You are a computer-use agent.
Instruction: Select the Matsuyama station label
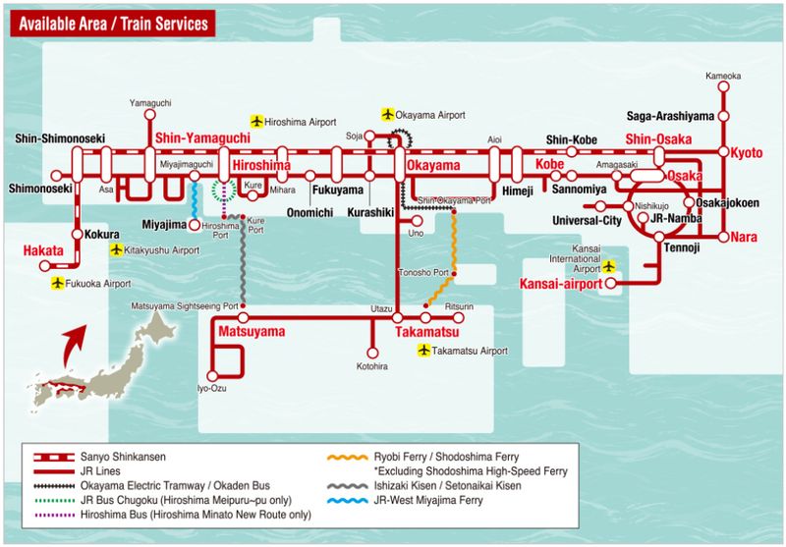pos(252,332)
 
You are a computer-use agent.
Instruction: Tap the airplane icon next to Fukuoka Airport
pos(58,283)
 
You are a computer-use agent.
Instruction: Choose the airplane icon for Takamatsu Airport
pos(424,351)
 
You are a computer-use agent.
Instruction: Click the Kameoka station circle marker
pos(724,87)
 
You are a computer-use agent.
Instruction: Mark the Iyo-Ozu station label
pos(211,389)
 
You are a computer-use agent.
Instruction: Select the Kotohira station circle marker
pos(372,352)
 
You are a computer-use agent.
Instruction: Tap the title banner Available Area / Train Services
pos(113,23)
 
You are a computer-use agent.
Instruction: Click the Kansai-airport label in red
pos(557,285)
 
